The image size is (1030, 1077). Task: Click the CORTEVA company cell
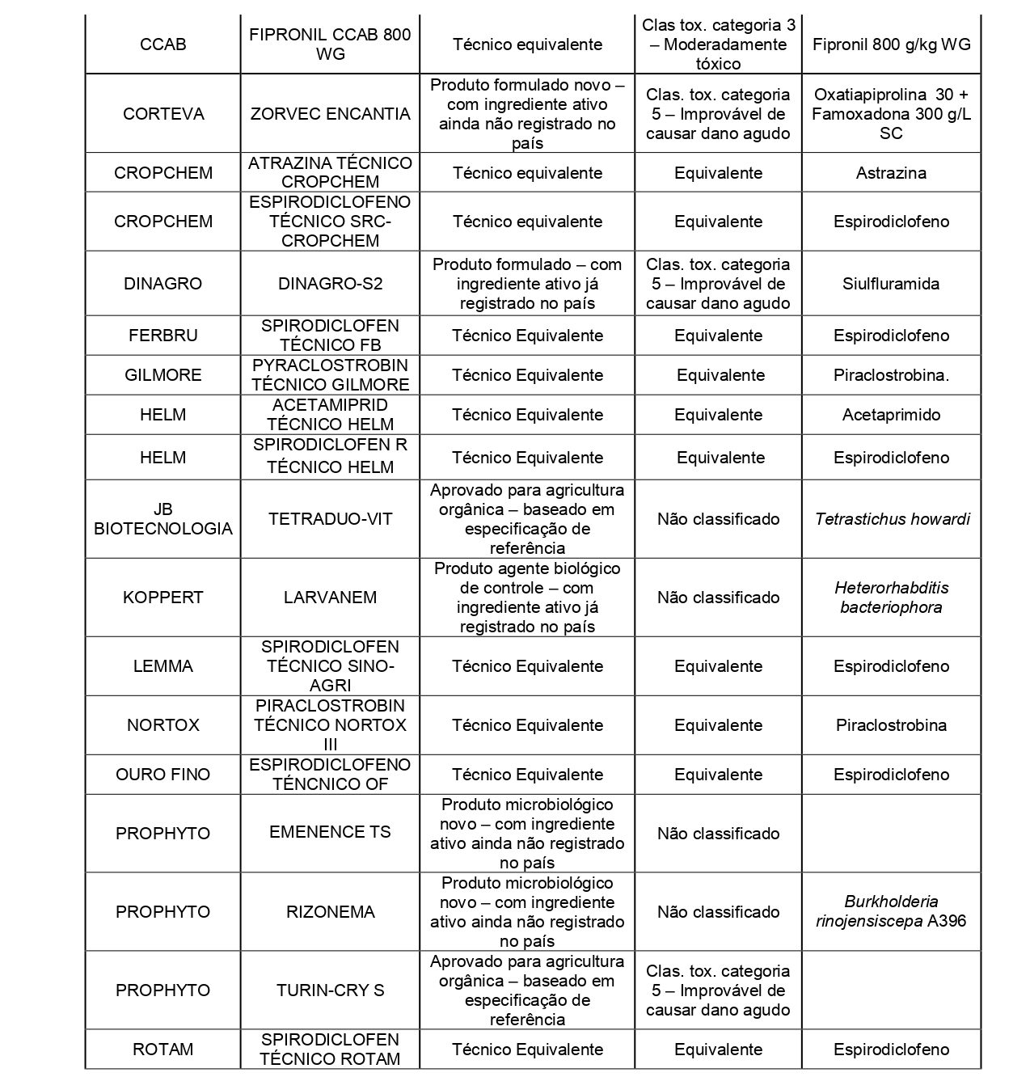pyautogui.click(x=163, y=114)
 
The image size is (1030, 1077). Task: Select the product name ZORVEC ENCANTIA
pyautogui.click(x=330, y=114)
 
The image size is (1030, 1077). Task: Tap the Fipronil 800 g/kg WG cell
pyautogui.click(x=891, y=44)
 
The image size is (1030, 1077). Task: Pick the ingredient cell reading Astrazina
pyautogui.click(x=891, y=173)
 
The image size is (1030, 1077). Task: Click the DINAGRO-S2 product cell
pyautogui.click(x=330, y=284)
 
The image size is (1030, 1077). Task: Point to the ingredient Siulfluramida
pyautogui.click(x=891, y=284)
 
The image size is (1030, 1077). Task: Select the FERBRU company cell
pyautogui.click(x=163, y=336)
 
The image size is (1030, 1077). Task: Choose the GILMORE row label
pyautogui.click(x=163, y=375)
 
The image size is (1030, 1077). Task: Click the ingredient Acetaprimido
pyautogui.click(x=891, y=415)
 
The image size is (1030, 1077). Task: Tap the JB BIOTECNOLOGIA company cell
pyautogui.click(x=163, y=519)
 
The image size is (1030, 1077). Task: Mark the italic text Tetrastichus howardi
pyautogui.click(x=891, y=519)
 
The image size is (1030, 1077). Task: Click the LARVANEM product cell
pyautogui.click(x=330, y=598)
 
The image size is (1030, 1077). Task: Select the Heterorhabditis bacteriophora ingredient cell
pyautogui.click(x=891, y=598)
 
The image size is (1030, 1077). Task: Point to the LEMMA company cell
pyautogui.click(x=163, y=666)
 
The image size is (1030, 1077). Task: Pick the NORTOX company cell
pyautogui.click(x=163, y=725)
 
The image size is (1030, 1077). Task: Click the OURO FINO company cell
pyautogui.click(x=163, y=775)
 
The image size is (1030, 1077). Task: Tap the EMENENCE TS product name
pyautogui.click(x=330, y=832)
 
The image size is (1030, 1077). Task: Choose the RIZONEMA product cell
pyautogui.click(x=330, y=912)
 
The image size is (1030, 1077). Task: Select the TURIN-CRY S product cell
pyautogui.click(x=330, y=990)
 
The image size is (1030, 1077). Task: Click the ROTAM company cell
pyautogui.click(x=163, y=1050)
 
